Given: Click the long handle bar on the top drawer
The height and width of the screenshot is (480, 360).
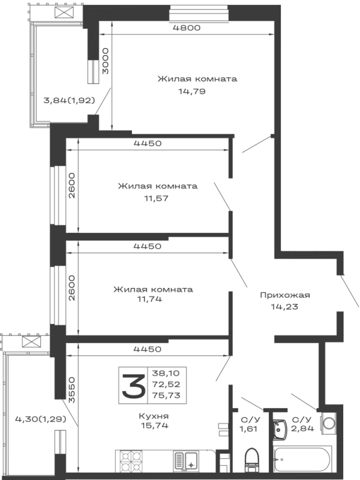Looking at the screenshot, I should point(198,78).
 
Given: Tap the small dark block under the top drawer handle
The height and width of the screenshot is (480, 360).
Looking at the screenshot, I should point(192,91).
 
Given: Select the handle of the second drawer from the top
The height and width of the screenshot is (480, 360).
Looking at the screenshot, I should point(157,188).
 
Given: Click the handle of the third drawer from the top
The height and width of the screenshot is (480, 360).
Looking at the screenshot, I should point(152,289).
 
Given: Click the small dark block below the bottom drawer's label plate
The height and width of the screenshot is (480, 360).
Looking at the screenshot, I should point(155,421).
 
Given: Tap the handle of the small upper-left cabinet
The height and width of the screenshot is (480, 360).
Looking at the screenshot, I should point(70,101).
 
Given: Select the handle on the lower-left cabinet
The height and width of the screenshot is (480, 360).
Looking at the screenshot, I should point(38,418).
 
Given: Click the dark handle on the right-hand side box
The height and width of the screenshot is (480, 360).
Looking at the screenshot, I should point(285,297).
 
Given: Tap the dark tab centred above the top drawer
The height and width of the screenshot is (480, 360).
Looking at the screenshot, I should point(188,28).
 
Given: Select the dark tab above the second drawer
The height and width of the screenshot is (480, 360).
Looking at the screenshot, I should point(146,144).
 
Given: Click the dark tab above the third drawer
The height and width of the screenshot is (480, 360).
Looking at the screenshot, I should point(146,244).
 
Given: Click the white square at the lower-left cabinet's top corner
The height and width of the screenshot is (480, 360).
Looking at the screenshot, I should point(12,343).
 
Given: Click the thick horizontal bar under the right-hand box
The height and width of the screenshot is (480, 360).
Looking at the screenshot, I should point(309,339).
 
